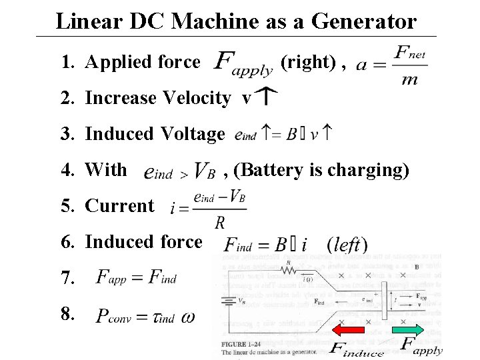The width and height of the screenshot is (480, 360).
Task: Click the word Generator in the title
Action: click(x=360, y=21)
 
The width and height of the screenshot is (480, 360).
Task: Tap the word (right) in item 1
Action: click(x=307, y=62)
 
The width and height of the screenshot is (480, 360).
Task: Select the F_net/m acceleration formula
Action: click(x=392, y=65)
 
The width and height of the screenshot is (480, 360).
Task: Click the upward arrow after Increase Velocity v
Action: click(x=267, y=98)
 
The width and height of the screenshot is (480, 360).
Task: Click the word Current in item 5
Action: click(x=120, y=205)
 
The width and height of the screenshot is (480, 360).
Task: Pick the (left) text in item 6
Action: click(x=347, y=243)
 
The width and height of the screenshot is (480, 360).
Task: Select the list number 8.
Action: click(x=69, y=313)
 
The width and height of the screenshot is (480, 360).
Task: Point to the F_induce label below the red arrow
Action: click(x=357, y=348)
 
